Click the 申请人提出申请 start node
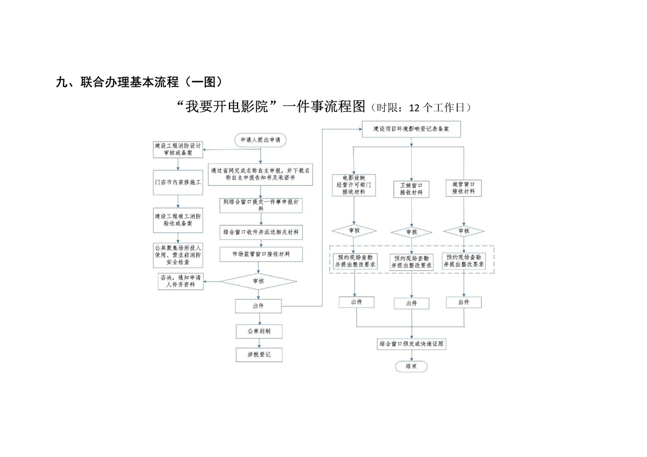point(260,139)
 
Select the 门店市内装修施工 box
point(178,182)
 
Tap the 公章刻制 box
point(259,331)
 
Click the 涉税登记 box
point(259,354)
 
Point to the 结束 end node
point(411,366)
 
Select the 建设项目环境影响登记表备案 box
point(411,130)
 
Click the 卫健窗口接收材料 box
point(411,189)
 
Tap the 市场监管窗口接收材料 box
point(261,254)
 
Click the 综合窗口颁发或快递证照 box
point(411,344)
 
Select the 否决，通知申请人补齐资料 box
point(181,281)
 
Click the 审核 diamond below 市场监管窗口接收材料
point(259,281)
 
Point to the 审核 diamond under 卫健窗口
point(411,232)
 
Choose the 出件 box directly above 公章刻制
point(258,305)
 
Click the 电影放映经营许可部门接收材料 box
point(354,185)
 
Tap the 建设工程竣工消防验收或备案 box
point(178,220)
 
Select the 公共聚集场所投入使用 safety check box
point(178,255)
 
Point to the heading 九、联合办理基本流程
point(138,82)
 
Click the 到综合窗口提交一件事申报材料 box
point(261,205)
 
